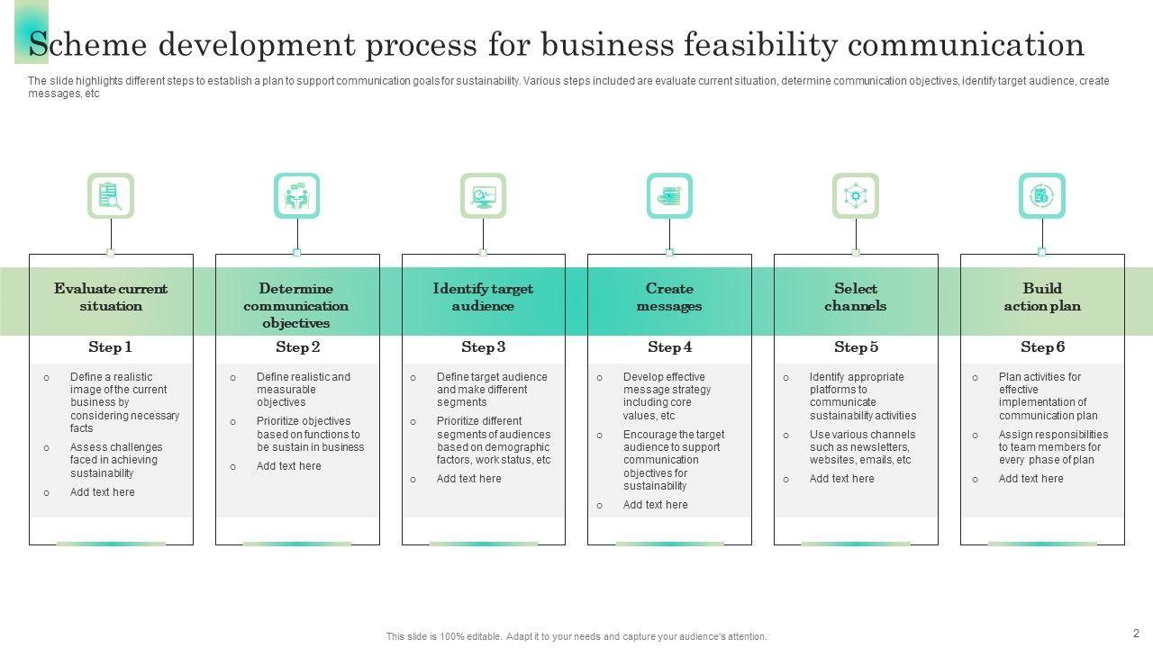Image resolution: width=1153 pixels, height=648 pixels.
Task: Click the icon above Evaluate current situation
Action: (111, 195)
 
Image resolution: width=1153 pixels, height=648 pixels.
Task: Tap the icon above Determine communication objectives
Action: (296, 195)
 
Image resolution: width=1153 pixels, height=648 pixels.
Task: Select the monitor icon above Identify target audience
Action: (483, 195)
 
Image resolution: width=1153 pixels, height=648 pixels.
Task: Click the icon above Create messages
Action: (669, 195)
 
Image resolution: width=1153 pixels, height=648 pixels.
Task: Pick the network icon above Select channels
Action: (855, 195)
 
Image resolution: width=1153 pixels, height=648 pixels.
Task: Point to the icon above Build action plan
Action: (1041, 195)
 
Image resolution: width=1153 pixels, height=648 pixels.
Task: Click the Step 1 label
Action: (111, 347)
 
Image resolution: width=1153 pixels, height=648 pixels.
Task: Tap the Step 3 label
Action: (483, 347)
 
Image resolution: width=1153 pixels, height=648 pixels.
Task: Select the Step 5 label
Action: (855, 347)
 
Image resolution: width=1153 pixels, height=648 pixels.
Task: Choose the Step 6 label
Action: (1042, 347)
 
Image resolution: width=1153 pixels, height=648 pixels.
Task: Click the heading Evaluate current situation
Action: (111, 297)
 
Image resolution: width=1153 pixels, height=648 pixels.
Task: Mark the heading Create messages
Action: (669, 297)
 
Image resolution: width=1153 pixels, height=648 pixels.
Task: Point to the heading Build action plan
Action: (1042, 297)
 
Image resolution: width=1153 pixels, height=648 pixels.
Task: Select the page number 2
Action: (1136, 633)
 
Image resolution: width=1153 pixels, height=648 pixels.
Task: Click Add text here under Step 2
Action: (288, 466)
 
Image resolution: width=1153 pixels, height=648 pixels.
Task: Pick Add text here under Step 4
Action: (655, 505)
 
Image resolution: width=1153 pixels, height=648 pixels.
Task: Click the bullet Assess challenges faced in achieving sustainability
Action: (116, 460)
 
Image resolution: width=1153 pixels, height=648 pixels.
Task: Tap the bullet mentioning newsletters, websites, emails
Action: (860, 447)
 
